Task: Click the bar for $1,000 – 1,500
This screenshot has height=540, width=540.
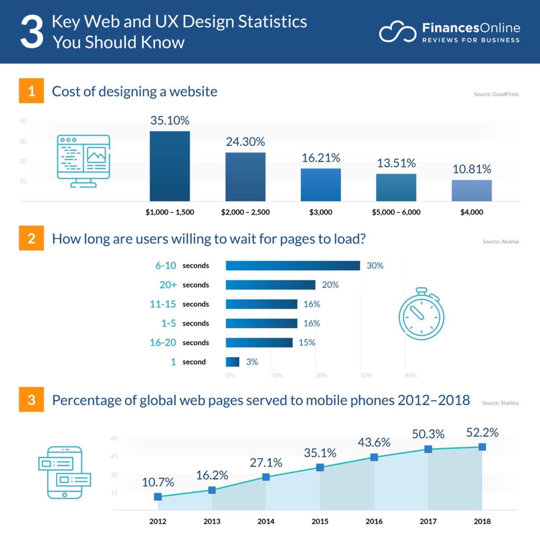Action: (170, 166)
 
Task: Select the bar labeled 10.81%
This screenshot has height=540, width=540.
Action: (472, 190)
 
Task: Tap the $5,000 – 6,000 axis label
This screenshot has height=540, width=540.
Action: (396, 212)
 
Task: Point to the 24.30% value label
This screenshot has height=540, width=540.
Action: (245, 142)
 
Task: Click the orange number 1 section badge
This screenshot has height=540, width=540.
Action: (31, 91)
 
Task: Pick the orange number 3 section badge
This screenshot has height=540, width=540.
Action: (31, 400)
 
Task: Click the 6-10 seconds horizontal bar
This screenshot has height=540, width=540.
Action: (293, 266)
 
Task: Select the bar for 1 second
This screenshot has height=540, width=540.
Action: (233, 362)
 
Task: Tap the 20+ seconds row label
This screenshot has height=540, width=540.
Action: (184, 285)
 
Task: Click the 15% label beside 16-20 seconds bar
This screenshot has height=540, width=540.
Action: (307, 343)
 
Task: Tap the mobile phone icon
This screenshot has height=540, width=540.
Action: (65, 472)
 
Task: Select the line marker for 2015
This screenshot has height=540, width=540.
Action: (320, 467)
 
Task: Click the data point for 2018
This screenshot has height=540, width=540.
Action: (482, 447)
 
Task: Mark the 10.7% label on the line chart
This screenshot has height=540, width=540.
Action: (158, 482)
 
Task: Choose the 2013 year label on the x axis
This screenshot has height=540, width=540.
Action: (212, 521)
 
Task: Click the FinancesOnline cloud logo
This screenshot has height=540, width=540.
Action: (397, 32)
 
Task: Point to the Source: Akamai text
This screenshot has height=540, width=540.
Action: (501, 242)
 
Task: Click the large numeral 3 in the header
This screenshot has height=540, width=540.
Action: (32, 32)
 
